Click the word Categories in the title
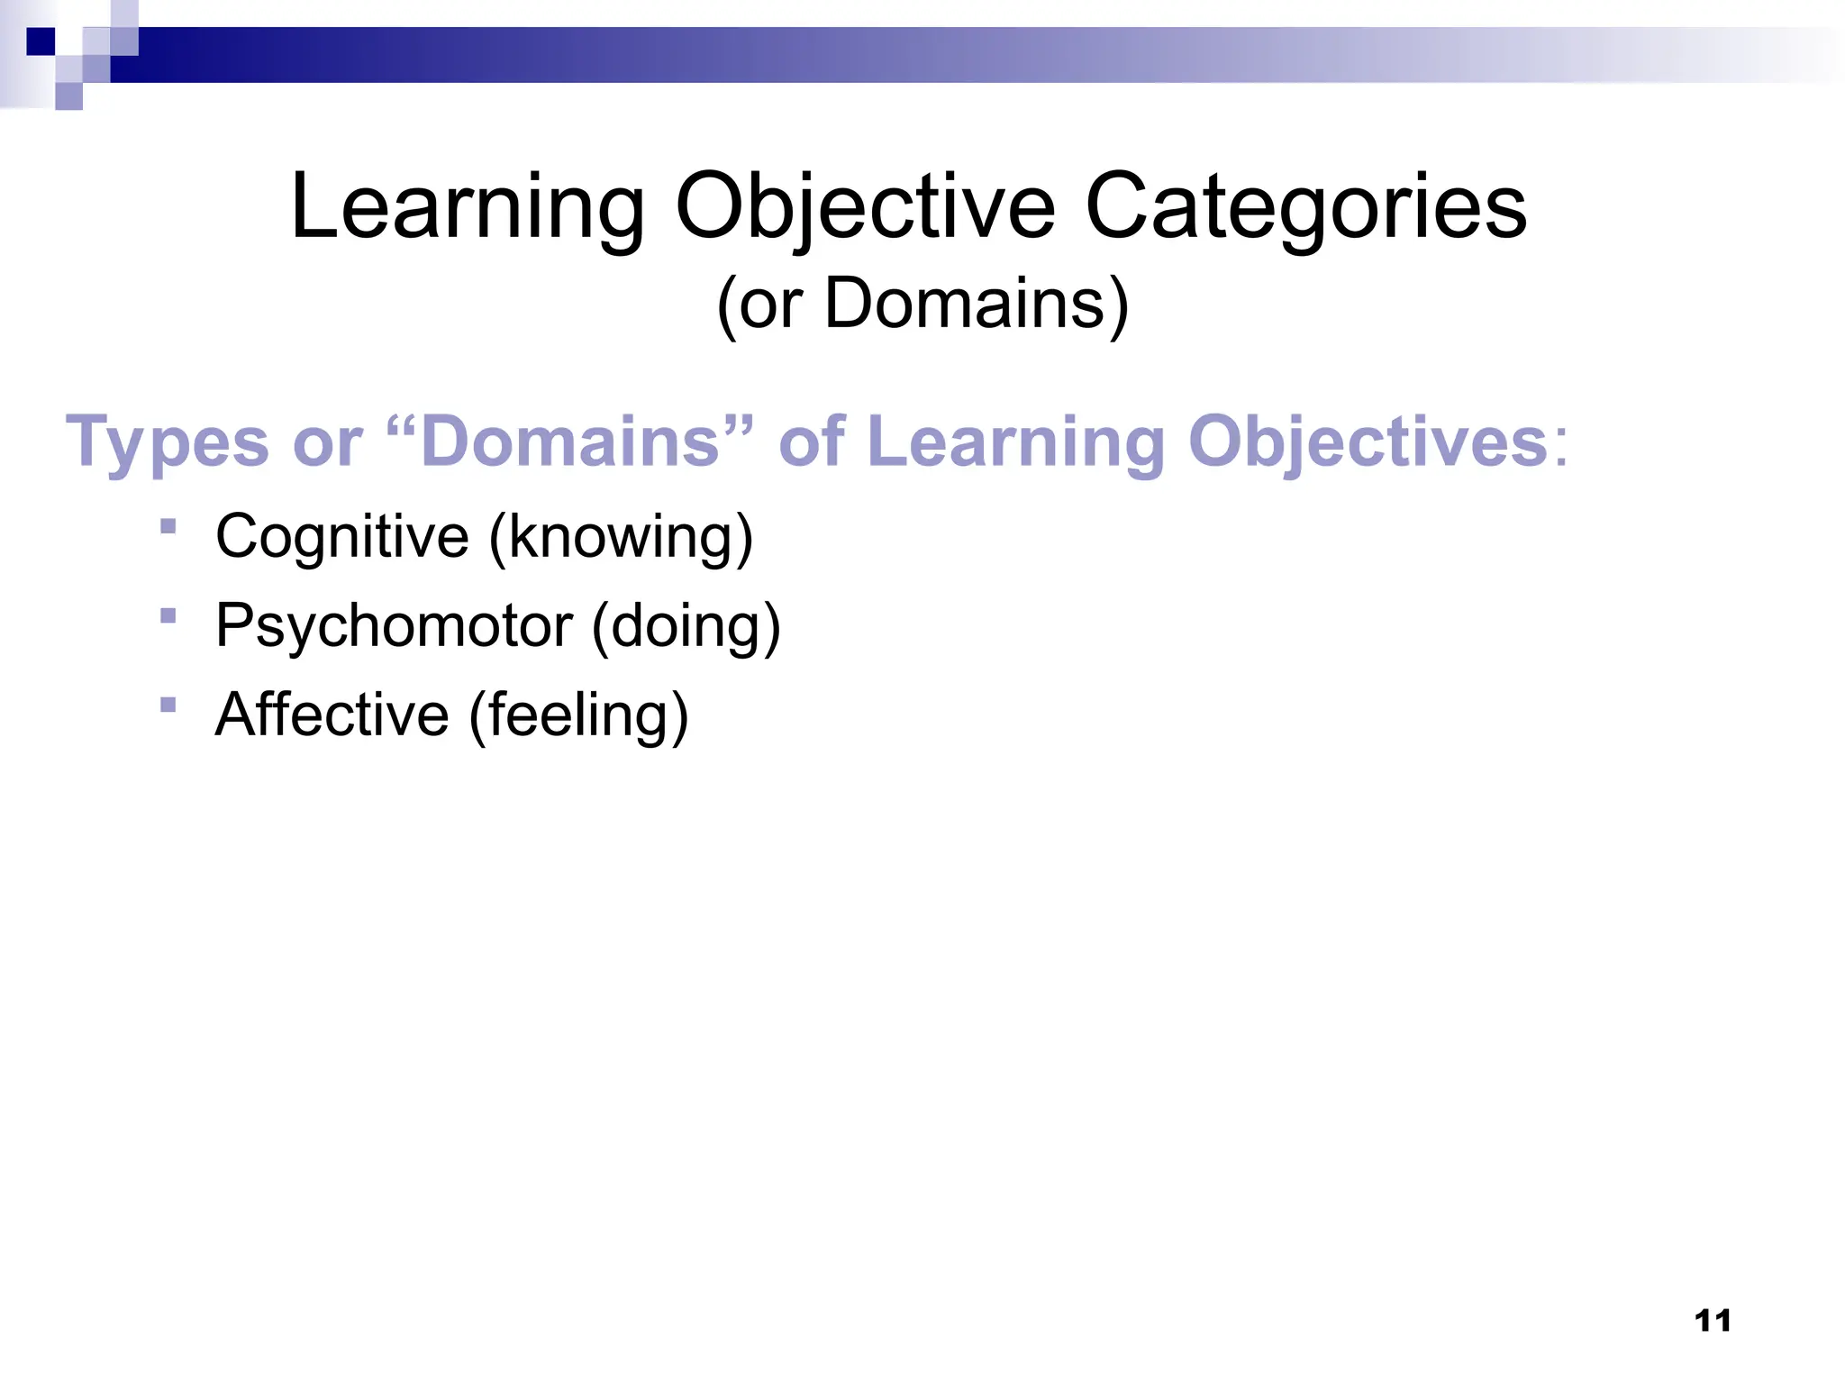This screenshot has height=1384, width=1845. coord(1306,207)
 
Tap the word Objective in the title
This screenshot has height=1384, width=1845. coord(865,207)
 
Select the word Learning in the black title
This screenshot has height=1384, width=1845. coord(468,207)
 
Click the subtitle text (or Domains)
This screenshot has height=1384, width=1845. coord(922,305)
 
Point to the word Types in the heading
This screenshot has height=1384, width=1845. coord(168,442)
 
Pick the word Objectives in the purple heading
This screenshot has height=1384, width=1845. coord(1378,442)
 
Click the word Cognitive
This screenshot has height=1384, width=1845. coord(342,537)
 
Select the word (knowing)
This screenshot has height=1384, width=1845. coord(621,537)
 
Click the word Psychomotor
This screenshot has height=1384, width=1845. coord(395,625)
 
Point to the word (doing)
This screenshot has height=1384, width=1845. coord(686,625)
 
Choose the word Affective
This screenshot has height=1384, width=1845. coord(332,715)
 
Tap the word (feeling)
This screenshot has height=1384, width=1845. coord(578,715)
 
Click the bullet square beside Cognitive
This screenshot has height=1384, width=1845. coord(168,526)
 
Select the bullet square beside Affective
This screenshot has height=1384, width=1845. coord(168,705)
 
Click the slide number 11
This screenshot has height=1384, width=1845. coord(1713,1321)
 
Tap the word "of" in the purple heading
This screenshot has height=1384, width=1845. coord(812,442)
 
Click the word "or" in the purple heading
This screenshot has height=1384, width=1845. coord(327,442)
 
